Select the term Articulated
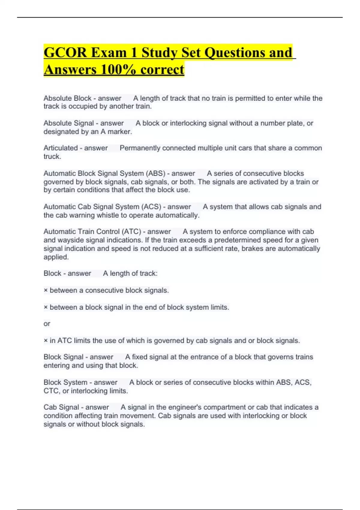click(x=61, y=148)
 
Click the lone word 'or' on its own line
click(x=47, y=324)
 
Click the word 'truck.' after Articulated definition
click(x=52, y=157)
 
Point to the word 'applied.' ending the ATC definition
click(x=56, y=257)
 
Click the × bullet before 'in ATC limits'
click(x=46, y=341)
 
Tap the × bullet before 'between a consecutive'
click(x=46, y=290)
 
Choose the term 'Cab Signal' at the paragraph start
click(x=61, y=407)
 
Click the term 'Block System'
click(x=65, y=382)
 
